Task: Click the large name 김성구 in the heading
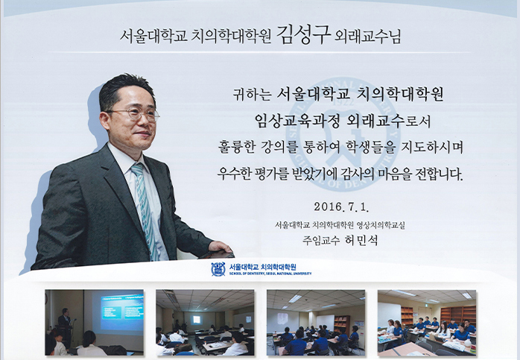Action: pos(304,34)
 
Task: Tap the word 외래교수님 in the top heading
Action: pos(368,37)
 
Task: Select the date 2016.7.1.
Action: pos(341,207)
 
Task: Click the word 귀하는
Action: pos(253,95)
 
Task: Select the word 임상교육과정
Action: pos(297,121)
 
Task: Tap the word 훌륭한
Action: pos(236,148)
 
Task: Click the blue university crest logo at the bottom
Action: pos(218,269)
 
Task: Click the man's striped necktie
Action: pos(145,209)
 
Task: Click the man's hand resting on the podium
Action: pos(221,247)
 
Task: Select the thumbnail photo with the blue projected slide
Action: pos(95,323)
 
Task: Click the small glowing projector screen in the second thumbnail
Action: pos(197,320)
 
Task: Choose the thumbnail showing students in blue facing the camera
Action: pos(427,323)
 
